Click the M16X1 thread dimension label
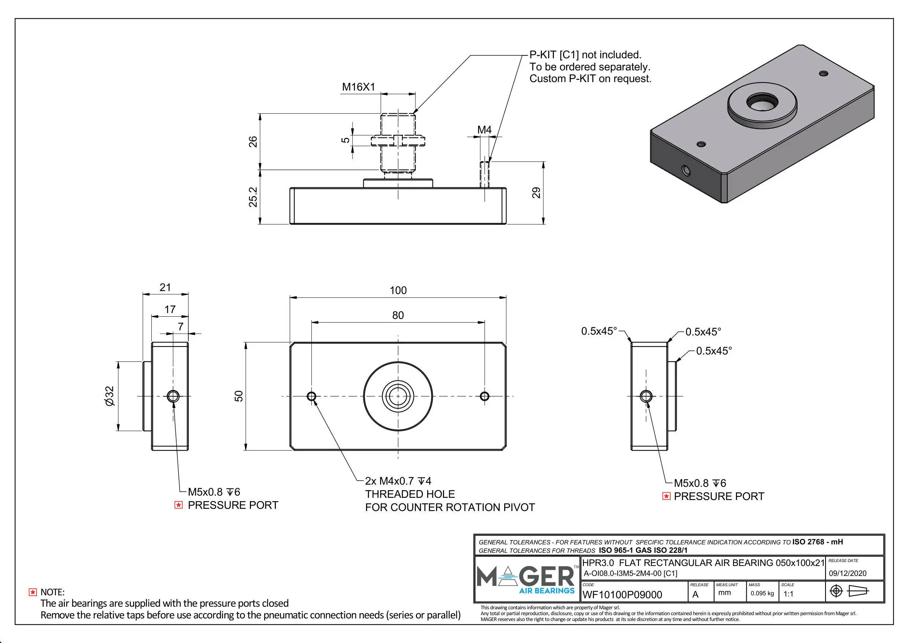tap(358, 87)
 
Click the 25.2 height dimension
tap(253, 197)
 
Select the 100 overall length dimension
tap(398, 290)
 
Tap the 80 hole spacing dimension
tap(398, 315)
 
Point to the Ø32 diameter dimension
tap(110, 396)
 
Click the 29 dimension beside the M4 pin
tap(536, 193)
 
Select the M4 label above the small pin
tap(484, 130)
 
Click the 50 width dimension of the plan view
tap(239, 396)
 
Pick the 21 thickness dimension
tap(165, 288)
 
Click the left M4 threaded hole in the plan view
tap(311, 396)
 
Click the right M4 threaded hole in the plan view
tap(484, 396)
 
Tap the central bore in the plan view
tap(398, 396)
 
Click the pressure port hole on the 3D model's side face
tap(686, 171)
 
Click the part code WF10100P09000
tap(622, 595)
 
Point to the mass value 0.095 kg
tap(762, 594)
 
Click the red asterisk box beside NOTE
tap(33, 592)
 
